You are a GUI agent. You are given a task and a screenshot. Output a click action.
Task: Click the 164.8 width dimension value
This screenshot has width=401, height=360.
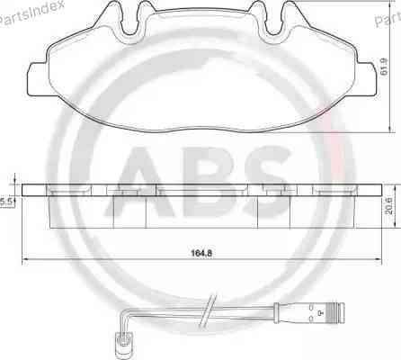point(201,253)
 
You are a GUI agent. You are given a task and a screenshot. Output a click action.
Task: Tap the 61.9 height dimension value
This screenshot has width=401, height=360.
point(384,67)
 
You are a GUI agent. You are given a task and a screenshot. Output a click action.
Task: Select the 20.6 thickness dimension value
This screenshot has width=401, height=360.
point(388,205)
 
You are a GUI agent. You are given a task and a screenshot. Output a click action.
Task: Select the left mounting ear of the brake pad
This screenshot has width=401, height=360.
point(37,79)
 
